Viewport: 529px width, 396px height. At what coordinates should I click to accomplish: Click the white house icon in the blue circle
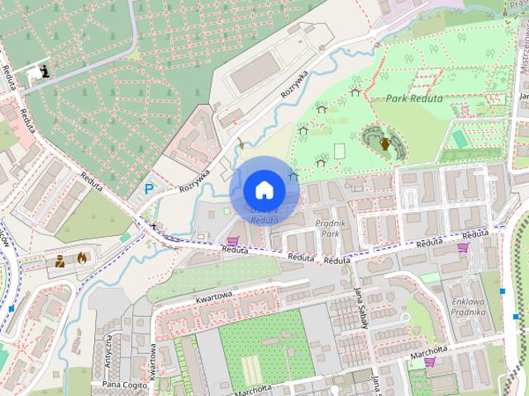tap(264, 190)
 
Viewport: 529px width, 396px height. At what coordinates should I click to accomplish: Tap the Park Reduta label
tap(414, 98)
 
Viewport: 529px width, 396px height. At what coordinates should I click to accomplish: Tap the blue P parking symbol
tap(149, 189)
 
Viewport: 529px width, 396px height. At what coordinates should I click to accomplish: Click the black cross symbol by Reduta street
tap(153, 225)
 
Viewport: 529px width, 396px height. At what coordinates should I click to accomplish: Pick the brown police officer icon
tap(60, 262)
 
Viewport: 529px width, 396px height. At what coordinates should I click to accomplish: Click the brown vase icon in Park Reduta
tap(384, 144)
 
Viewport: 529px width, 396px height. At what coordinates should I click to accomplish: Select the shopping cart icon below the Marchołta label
tap(429, 361)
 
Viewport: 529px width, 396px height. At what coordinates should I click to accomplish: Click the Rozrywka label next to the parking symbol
tap(194, 177)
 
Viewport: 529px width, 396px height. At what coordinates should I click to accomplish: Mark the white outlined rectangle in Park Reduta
tap(339, 151)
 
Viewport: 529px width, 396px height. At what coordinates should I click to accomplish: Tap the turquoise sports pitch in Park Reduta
tap(460, 139)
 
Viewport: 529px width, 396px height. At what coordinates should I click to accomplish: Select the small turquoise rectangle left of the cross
tap(125, 238)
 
